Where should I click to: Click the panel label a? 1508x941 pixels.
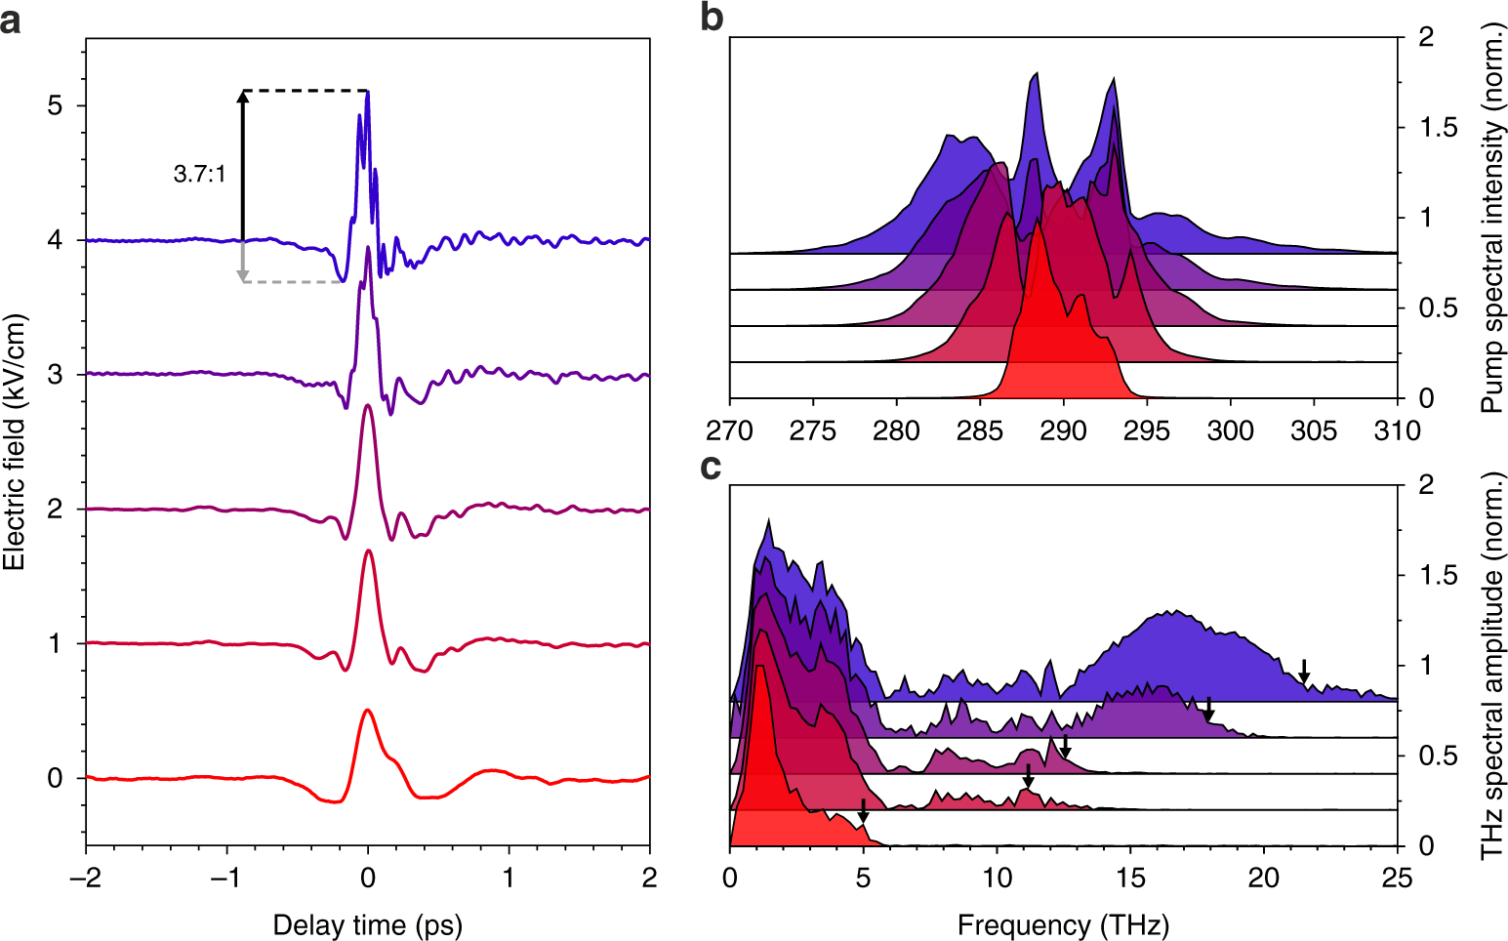pos(11,20)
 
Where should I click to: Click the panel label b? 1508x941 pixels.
pos(713,18)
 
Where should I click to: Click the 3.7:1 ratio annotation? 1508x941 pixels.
pos(199,175)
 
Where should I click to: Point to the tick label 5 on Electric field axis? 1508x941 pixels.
pos(56,105)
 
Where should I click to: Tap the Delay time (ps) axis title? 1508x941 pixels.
pos(367,924)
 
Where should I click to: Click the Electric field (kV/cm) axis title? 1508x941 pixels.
pos(14,442)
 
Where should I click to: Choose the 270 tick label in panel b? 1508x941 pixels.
pos(730,431)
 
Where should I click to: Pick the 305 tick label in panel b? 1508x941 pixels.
pos(1314,431)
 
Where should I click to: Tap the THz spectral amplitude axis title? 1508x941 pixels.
pos(1491,665)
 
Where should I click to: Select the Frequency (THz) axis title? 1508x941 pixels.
pos(1063,924)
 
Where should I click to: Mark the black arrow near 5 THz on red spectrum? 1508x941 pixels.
pos(863,811)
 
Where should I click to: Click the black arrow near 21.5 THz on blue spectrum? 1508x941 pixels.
pos(1304,672)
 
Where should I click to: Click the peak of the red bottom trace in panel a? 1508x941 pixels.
pos(367,711)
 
